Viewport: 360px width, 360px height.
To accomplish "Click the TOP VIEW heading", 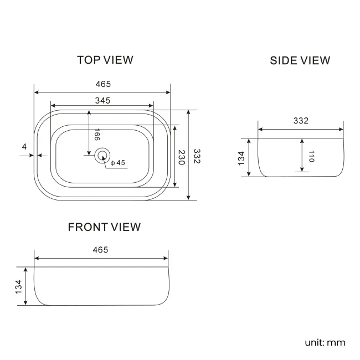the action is [x=105, y=60].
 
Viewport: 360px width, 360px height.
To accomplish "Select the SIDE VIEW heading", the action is [x=300, y=60].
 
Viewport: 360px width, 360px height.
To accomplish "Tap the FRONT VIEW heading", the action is [x=104, y=227].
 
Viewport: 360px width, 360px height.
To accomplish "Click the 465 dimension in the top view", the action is [x=103, y=84].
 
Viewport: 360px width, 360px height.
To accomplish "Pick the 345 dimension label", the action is [x=102, y=101].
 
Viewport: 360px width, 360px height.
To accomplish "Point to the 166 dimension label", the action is [x=97, y=135].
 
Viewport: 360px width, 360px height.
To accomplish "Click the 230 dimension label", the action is [x=182, y=157].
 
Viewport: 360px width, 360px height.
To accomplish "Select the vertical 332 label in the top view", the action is [x=197, y=156].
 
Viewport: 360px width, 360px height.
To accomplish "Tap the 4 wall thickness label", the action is [x=24, y=146].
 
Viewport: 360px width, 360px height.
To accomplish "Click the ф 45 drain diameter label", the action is [x=118, y=163].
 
